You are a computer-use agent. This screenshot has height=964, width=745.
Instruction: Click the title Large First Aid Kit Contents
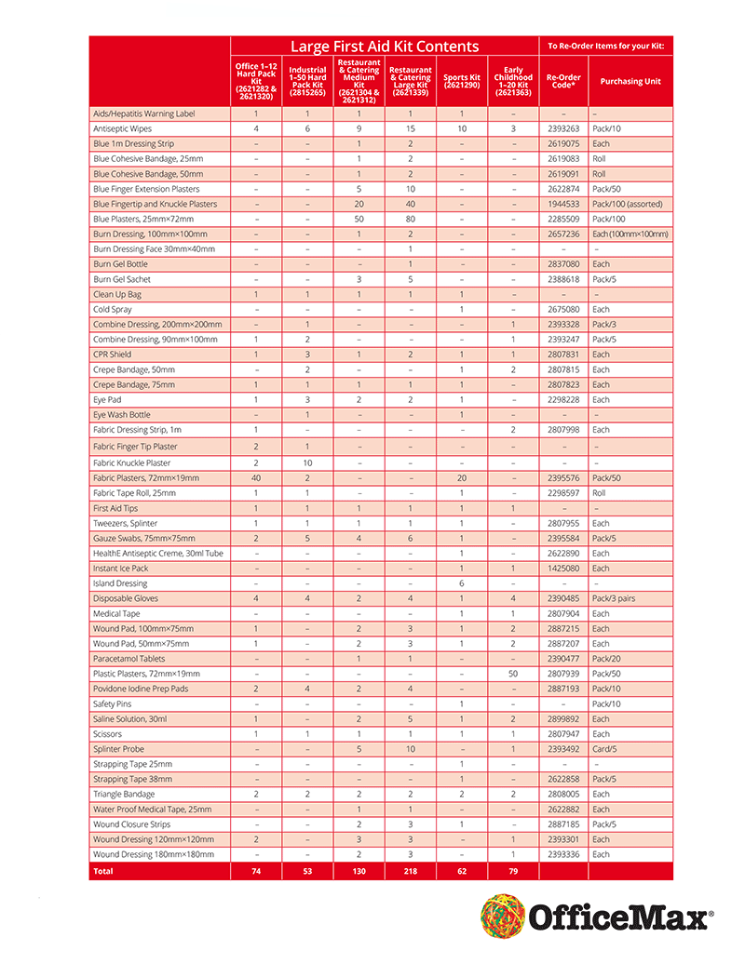[384, 46]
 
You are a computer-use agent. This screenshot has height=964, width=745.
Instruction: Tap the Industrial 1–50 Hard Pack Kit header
[307, 81]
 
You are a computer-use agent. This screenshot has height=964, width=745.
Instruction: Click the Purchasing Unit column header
[630, 81]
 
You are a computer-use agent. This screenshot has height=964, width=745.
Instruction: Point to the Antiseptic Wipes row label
[122, 128]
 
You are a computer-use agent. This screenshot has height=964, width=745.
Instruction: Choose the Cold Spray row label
[112, 309]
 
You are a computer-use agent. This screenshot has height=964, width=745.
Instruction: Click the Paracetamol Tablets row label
[129, 659]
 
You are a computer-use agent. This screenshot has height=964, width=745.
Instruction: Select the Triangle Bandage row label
[124, 794]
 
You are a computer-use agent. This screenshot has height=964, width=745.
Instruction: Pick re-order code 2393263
[562, 128]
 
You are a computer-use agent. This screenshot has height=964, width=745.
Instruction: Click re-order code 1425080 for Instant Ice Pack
[562, 569]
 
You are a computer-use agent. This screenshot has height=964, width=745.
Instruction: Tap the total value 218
[411, 871]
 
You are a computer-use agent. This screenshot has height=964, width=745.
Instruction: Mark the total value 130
[359, 871]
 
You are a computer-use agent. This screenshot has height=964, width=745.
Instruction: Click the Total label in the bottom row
[102, 871]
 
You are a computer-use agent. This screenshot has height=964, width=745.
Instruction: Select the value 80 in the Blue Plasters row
[411, 219]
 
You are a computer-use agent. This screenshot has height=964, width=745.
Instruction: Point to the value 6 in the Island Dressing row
[462, 583]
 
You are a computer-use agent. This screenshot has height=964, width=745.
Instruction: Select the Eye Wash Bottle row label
[121, 415]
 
